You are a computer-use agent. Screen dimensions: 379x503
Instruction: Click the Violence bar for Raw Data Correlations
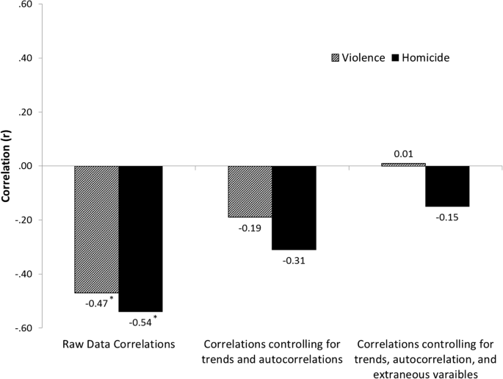[x=96, y=229]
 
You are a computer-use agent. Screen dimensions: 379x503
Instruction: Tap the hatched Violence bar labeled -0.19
[x=250, y=192]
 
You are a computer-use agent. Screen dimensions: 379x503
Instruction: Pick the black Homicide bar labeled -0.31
[x=294, y=208]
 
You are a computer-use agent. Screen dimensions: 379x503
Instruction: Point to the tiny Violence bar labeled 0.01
[x=403, y=164]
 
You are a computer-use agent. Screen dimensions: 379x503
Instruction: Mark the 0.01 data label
[x=403, y=154]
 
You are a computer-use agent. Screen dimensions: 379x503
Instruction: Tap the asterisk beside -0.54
[x=155, y=317]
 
